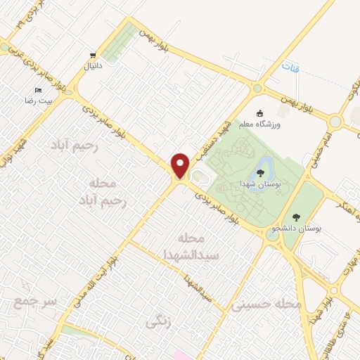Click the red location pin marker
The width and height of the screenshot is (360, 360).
[181, 165]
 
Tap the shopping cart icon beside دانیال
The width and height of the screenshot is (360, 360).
[93, 55]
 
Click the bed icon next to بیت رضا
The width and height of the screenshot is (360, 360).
[39, 91]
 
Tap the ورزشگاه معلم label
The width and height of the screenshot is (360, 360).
[261, 124]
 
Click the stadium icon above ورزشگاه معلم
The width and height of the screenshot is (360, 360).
[260, 113]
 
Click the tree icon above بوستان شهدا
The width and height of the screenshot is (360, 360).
[261, 172]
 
